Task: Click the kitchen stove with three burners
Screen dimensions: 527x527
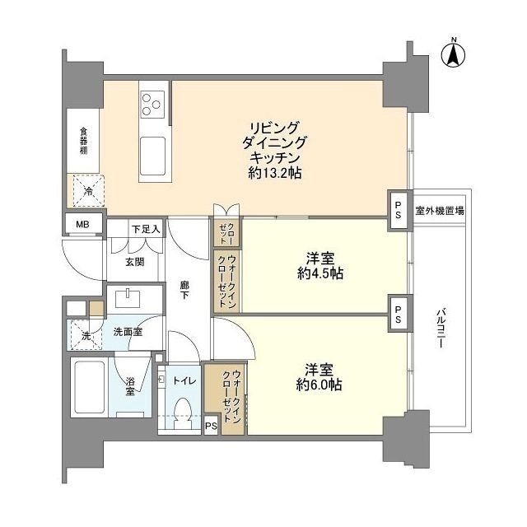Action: coord(152,102)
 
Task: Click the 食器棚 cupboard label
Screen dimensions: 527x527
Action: coord(83,141)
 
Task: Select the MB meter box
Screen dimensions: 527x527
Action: coord(83,223)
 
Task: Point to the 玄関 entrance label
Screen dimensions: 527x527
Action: coord(134,263)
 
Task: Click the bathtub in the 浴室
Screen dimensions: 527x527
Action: coord(91,387)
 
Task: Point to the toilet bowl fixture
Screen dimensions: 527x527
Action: coord(184,410)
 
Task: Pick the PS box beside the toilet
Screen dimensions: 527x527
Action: coord(211,426)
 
